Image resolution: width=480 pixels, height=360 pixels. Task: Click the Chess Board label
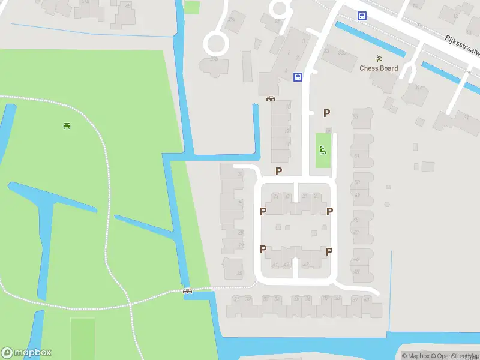click(379, 68)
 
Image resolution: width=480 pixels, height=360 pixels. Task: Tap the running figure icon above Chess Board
click(379, 58)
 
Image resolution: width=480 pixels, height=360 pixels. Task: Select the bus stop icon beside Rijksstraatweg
click(362, 16)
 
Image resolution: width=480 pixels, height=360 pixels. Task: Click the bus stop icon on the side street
click(298, 77)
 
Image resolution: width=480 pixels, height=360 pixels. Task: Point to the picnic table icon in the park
click(67, 125)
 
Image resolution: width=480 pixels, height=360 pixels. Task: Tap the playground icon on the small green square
click(323, 151)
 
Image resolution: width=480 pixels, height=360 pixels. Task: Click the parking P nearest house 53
click(327, 113)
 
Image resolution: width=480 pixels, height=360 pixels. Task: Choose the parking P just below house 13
click(278, 172)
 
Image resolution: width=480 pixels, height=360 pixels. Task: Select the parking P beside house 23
click(263, 211)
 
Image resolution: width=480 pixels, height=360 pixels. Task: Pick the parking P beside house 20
click(329, 211)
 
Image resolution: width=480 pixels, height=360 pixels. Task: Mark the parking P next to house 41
click(263, 250)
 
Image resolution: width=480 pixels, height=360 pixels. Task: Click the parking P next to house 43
click(329, 252)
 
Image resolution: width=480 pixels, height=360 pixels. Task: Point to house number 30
click(240, 274)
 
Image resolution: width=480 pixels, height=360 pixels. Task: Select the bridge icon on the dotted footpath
click(187, 292)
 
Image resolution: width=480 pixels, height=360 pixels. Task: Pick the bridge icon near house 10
click(271, 99)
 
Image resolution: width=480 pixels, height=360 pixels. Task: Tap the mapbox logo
click(26, 353)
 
